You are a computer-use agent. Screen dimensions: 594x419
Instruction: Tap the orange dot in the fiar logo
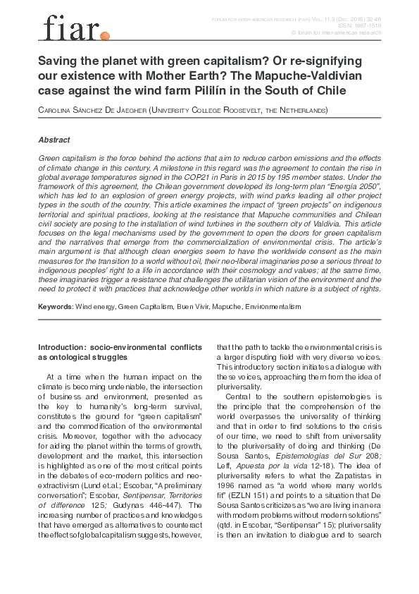pyautogui.click(x=106, y=35)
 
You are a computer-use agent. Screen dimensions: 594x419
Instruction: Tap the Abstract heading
pyautogui.click(x=54, y=140)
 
